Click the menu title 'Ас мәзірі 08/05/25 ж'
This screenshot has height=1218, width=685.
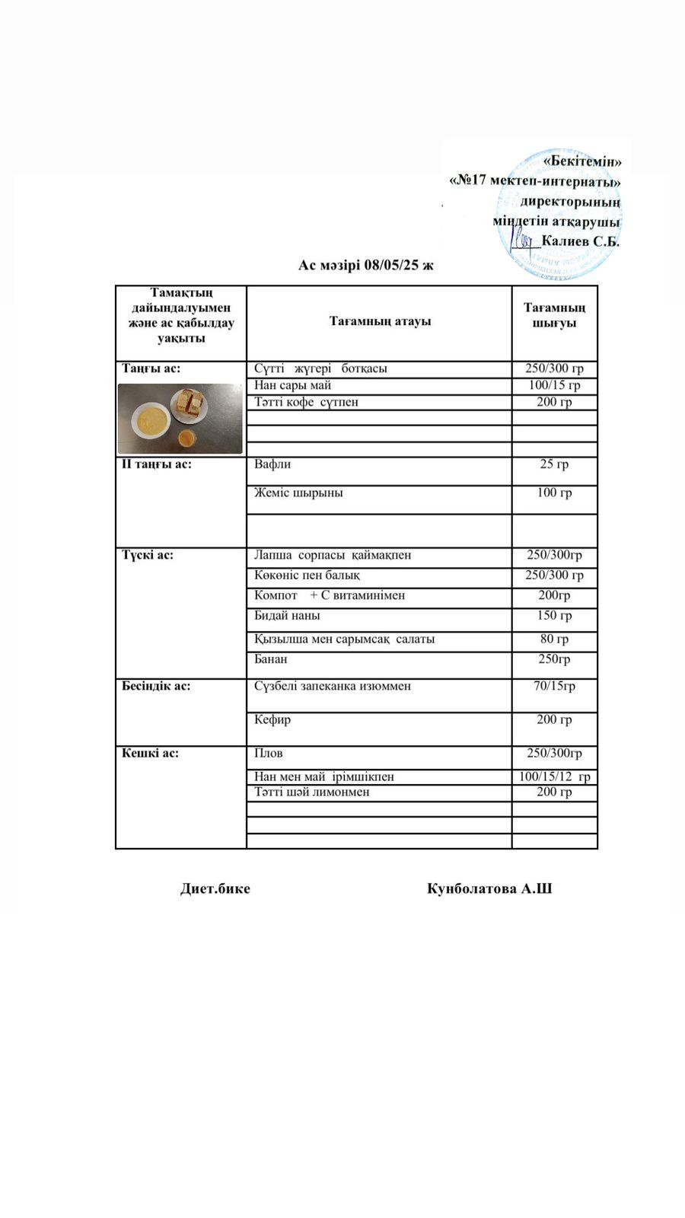[x=365, y=266]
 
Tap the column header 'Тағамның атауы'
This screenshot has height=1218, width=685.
[x=380, y=321]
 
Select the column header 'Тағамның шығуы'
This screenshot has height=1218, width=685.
[x=554, y=315]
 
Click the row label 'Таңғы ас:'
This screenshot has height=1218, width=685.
[x=151, y=368]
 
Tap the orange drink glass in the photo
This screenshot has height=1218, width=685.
[x=186, y=438]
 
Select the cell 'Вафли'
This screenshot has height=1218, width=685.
[x=272, y=464]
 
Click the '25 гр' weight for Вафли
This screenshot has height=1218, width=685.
[x=554, y=464]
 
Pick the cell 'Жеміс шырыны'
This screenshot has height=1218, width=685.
[x=298, y=493]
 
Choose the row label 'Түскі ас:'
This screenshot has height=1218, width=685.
[x=148, y=555]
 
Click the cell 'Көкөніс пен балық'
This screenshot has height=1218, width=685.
[x=307, y=576]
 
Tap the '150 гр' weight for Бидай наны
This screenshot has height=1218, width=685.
[x=554, y=616]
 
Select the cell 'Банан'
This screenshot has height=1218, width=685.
[x=271, y=659]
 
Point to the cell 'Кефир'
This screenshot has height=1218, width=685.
[x=272, y=719]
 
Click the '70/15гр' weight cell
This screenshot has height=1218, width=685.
[x=554, y=686]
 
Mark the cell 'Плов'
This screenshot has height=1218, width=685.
[x=269, y=754]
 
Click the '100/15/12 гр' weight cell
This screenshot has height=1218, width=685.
[x=554, y=777]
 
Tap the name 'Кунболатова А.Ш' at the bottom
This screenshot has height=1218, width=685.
[x=489, y=888]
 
